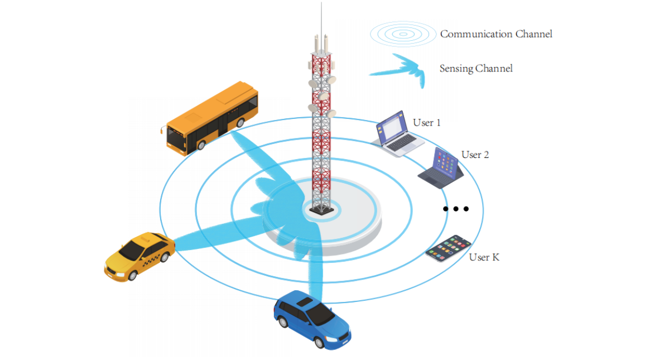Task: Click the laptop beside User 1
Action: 397,133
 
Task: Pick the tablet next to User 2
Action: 441,168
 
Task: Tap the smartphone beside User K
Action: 449,248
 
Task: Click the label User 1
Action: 427,123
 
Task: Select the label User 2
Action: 475,155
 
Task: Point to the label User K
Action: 484,257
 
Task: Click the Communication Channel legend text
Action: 496,34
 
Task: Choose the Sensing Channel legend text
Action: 476,69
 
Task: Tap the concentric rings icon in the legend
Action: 403,34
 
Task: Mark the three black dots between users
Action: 456,209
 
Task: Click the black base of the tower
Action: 322,210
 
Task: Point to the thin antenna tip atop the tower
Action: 321,3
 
